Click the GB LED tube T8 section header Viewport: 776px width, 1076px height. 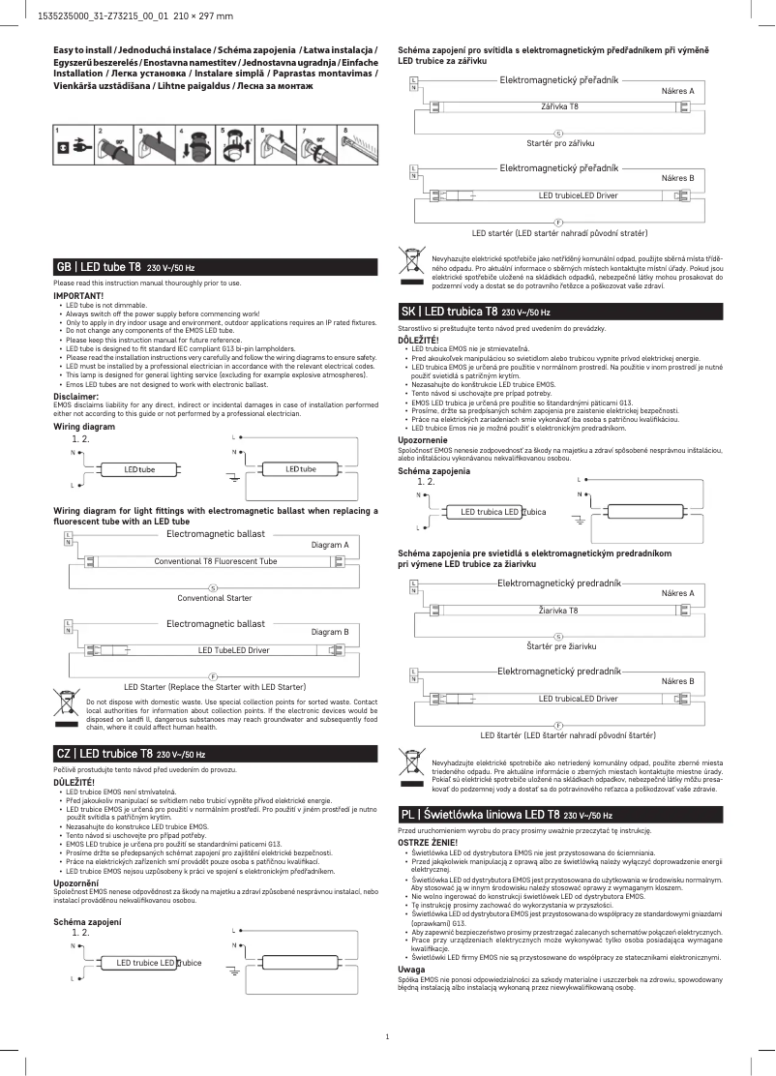[x=127, y=266]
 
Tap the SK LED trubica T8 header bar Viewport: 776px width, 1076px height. [x=475, y=313]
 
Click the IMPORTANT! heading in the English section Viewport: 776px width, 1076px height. [x=78, y=294]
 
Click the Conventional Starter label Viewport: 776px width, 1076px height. [x=214, y=598]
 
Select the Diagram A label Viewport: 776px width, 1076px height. [x=330, y=545]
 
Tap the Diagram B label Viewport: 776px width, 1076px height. [x=330, y=632]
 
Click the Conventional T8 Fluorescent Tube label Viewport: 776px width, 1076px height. [x=216, y=561]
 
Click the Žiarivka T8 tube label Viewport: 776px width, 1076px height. [x=558, y=611]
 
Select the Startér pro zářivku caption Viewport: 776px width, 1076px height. [x=559, y=142]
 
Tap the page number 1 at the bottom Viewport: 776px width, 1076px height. [x=387, y=1037]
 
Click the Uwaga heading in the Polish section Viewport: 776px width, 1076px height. [x=411, y=969]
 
